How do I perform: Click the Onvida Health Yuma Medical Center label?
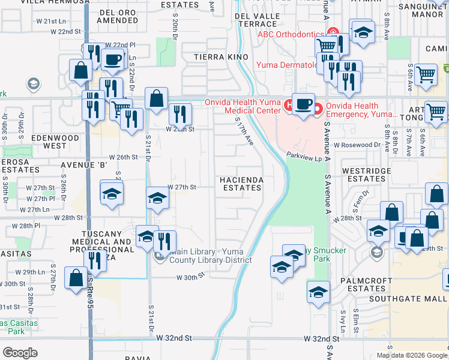click(243, 106)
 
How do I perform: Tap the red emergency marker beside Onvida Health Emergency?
click(316, 108)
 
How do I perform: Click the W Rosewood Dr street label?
click(357, 145)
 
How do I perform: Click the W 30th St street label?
click(190, 277)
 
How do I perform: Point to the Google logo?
click(20, 352)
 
